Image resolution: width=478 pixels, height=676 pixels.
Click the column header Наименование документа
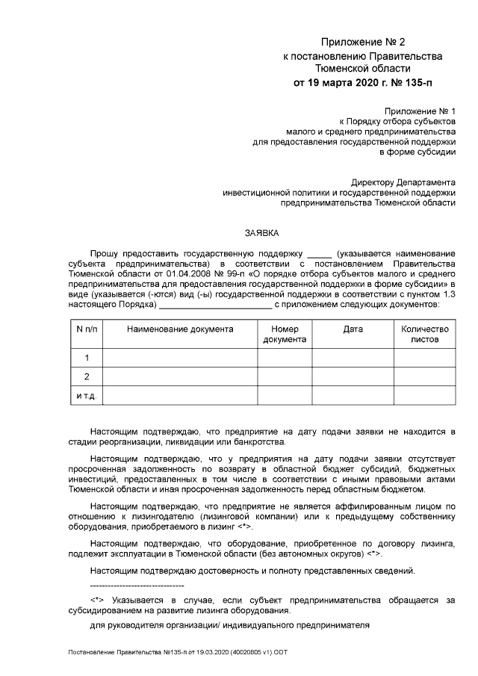pos(180,329)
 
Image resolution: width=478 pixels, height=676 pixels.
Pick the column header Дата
pos(353,329)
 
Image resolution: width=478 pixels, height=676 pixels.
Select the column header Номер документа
pos(285,334)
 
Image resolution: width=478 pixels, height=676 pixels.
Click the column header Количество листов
pos(424,334)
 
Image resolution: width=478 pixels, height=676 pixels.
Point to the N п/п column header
pos(87,329)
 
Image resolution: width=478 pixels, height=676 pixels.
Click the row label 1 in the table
pos(87,358)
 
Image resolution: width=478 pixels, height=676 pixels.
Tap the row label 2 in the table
pos(87,376)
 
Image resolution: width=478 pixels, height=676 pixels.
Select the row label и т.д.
pos(87,395)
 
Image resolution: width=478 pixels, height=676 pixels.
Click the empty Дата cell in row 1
pos(353,358)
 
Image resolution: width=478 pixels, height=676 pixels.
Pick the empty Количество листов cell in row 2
pos(424,376)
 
